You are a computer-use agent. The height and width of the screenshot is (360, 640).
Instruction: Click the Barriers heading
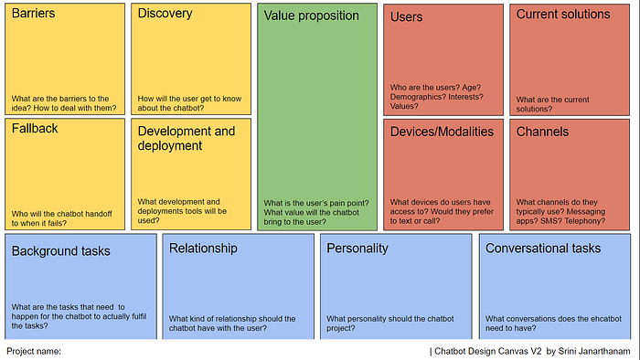pyautogui.click(x=33, y=13)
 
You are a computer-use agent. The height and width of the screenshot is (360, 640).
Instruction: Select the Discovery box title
pyautogui.click(x=165, y=14)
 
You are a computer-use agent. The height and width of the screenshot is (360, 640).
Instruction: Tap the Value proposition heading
pyautogui.click(x=312, y=16)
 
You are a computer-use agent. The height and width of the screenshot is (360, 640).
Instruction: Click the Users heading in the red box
pyautogui.click(x=406, y=16)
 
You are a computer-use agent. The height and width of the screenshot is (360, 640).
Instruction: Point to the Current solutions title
pyautogui.click(x=563, y=15)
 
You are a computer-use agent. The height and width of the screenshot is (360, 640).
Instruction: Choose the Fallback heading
pyautogui.click(x=35, y=129)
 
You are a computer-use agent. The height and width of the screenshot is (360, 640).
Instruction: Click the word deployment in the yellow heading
pyautogui.click(x=170, y=146)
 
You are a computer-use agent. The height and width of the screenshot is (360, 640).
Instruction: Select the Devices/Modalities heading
pyautogui.click(x=442, y=132)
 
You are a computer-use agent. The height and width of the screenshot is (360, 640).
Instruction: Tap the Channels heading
pyautogui.click(x=542, y=132)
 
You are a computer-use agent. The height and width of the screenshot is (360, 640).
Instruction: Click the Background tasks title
pyautogui.click(x=61, y=251)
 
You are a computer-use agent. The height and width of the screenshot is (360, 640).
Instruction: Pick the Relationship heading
pyautogui.click(x=203, y=249)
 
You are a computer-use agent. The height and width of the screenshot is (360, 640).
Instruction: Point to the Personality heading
pyautogui.click(x=357, y=249)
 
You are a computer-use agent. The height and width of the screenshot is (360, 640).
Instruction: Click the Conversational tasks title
pyautogui.click(x=543, y=249)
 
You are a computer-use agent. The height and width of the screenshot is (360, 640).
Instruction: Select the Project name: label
pyautogui.click(x=34, y=351)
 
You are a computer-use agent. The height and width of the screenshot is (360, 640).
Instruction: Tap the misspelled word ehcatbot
pyautogui.click(x=604, y=319)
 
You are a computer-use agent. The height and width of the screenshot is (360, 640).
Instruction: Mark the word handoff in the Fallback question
pyautogui.click(x=97, y=214)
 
